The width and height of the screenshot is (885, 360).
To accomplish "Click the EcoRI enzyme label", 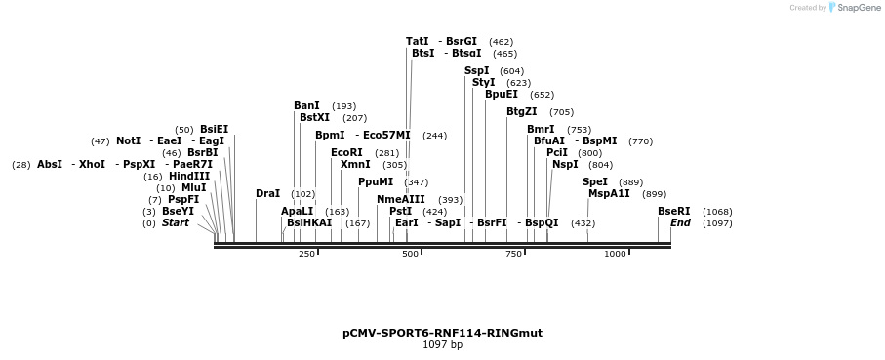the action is coord(346,153).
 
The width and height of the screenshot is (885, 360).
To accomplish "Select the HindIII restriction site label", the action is coord(189,177).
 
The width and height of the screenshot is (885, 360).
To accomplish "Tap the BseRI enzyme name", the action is coord(673,212).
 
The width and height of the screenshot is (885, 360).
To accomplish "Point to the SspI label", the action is coord(476,71).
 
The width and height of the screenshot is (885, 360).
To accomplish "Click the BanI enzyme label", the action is coord(306,106).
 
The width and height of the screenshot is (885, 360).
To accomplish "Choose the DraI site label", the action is coord(267,194).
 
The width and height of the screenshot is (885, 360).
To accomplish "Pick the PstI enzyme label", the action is coord(400,212).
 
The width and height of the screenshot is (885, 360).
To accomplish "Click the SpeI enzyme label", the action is coord(594,182).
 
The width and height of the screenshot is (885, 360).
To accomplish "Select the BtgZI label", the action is coord(521,112).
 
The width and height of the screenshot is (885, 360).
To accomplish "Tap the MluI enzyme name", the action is coord(193,188).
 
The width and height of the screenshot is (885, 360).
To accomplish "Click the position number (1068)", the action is coord(717,212).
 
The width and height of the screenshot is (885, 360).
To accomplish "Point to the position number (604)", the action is coord(511,71).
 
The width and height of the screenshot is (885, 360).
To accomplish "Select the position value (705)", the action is coord(561,112).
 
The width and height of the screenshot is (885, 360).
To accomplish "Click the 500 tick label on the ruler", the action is coord(410,255).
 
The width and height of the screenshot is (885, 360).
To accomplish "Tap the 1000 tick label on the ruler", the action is coord(615,255).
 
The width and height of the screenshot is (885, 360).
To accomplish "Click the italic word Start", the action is coord(176,223).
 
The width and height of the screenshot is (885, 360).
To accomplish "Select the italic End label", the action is coord(680,223).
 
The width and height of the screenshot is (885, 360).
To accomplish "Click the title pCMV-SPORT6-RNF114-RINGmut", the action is coord(442,333).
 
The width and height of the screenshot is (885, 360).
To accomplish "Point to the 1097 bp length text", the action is coord(442,344).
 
